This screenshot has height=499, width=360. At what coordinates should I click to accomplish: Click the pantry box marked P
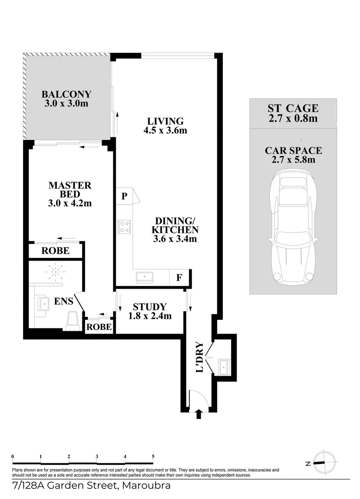pos(124,196)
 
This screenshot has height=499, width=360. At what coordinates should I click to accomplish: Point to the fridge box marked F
pos(178,278)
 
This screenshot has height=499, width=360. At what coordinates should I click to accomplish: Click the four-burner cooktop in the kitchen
pos(124,226)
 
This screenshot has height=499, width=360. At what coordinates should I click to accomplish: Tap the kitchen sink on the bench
pos(145,277)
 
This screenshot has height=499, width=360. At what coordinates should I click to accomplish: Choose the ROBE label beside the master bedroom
pos(55,251)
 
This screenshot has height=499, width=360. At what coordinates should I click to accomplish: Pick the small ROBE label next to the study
pos(99,327)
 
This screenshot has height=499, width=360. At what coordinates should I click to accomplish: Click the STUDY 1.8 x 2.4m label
pos(150,311)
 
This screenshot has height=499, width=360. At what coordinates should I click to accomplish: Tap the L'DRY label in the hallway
pos(200,357)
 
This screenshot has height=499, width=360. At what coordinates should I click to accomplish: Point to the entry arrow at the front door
pos(199,414)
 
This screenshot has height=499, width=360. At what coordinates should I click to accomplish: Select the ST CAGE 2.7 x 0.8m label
pos(293,113)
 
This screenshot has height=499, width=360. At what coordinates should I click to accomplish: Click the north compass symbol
pos(321,462)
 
